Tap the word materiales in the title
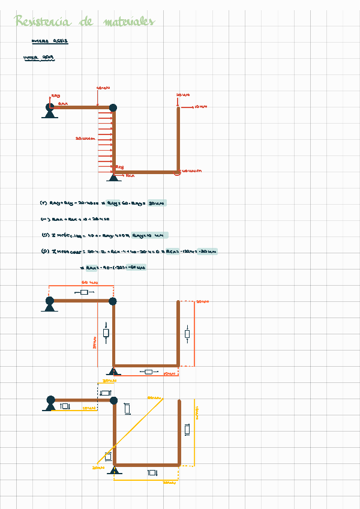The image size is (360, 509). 128,22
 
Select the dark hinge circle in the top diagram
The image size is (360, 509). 113,108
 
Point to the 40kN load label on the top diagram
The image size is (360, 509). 103,88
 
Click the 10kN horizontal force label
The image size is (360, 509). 200,107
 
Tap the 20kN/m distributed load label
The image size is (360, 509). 85,139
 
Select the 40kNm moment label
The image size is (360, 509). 191,171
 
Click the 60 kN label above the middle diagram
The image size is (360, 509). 88,282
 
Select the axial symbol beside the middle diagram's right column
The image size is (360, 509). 187,334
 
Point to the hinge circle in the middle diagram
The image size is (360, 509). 113,301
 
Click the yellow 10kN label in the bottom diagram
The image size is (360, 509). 88,409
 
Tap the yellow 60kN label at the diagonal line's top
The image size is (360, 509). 155,397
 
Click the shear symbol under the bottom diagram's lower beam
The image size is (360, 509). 152,473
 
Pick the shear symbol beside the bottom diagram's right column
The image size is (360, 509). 187,429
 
